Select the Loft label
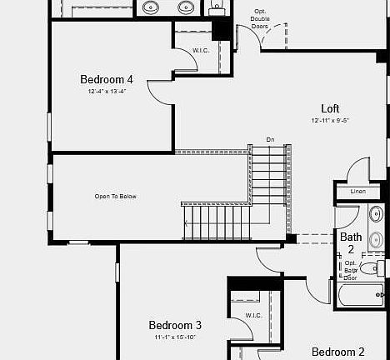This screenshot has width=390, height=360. [x=330, y=108]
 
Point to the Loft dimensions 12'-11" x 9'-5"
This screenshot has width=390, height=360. [x=330, y=120]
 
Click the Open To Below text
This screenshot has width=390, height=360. [x=115, y=197]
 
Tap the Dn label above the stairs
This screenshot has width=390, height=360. [x=270, y=139]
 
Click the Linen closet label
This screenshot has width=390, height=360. [x=357, y=192]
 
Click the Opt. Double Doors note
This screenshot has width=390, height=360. [x=260, y=19]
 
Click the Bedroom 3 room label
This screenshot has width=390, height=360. [x=175, y=325]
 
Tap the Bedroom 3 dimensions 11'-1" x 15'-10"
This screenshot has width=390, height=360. [x=175, y=337]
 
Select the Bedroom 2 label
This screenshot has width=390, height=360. [x=338, y=352]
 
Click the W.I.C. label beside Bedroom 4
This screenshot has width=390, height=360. [x=201, y=50]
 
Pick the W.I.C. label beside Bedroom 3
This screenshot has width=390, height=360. [x=255, y=316]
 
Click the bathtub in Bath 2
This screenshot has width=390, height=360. [x=359, y=293]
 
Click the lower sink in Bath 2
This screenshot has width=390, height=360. [x=375, y=240]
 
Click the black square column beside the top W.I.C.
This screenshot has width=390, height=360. [x=222, y=28]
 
